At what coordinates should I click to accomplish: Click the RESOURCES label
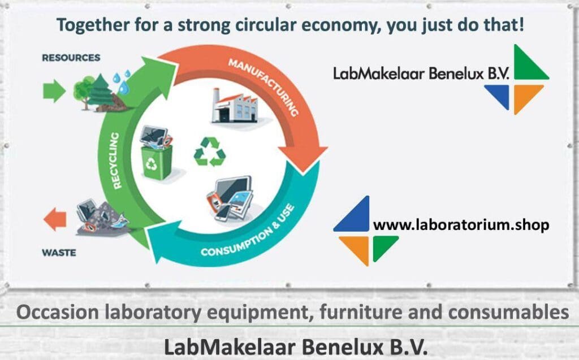point(71,58)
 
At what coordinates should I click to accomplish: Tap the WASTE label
point(59,252)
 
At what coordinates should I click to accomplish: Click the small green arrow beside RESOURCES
point(54,91)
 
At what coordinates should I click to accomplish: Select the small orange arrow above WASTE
point(55,219)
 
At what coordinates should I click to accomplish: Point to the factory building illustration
point(234,106)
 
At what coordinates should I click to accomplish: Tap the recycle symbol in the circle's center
point(209,151)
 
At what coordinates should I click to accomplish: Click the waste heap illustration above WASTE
point(102,217)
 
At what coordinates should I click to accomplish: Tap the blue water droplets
point(122,81)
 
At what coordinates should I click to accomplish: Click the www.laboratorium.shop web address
point(461,225)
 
